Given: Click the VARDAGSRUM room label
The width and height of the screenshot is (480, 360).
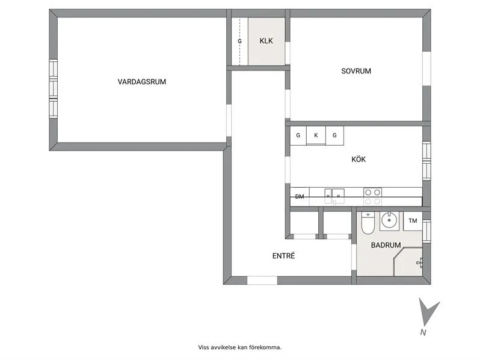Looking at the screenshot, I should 141,81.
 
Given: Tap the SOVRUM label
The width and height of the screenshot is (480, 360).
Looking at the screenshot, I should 356,71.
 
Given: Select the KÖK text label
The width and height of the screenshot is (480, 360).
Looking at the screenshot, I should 358,160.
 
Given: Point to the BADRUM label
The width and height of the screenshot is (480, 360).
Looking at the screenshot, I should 386,245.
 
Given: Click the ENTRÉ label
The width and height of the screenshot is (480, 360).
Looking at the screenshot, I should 283,256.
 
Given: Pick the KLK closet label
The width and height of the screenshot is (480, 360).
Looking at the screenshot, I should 266,42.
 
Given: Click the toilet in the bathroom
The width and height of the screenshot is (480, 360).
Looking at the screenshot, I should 368,225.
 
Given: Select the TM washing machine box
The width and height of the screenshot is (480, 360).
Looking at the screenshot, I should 413,221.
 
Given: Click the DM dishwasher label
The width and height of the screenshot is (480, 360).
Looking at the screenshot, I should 300,197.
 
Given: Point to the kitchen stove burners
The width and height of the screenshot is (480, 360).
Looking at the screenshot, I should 372,193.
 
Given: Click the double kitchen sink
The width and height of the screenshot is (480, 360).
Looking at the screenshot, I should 334,194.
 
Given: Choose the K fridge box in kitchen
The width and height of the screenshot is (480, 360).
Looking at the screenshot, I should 316,135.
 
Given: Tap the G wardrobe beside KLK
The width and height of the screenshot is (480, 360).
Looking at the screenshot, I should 240,42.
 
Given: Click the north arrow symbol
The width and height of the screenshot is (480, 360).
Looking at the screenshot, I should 428,312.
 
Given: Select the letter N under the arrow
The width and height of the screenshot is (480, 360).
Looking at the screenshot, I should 423,332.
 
